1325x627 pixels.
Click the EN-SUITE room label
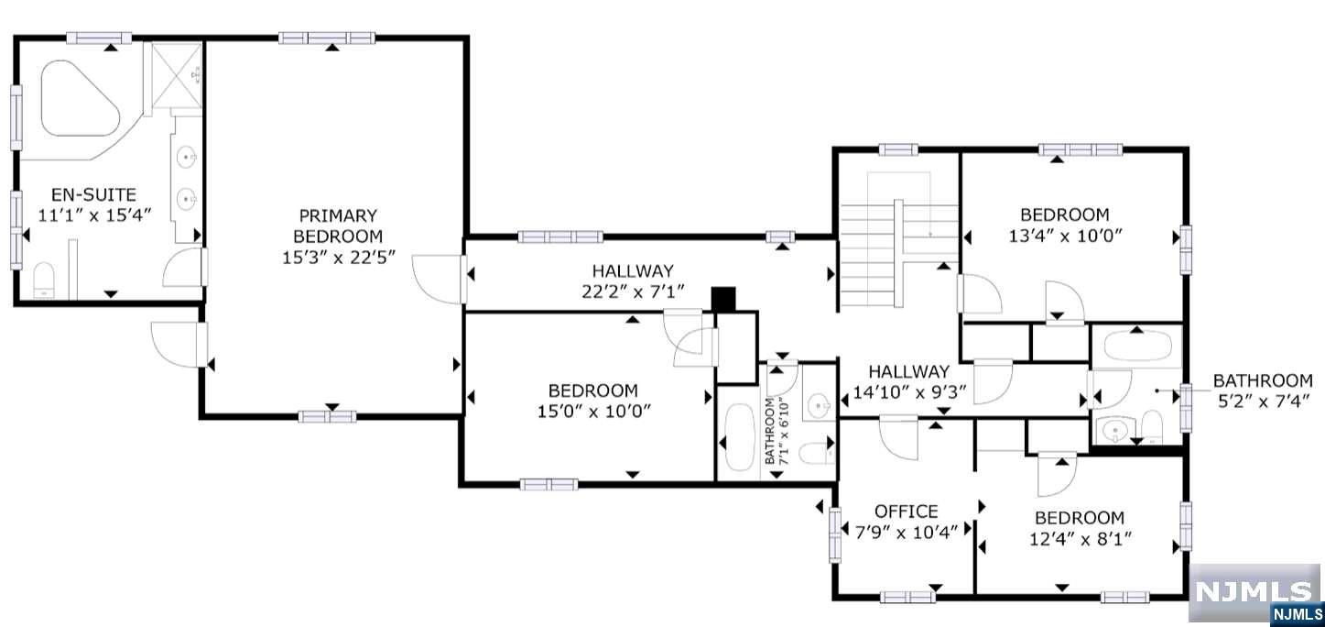[93, 194]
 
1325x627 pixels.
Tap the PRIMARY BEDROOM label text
[338, 225]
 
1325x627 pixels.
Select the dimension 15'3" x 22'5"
[338, 257]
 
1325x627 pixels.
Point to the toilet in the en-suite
[44, 280]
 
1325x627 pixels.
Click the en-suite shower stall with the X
[177, 75]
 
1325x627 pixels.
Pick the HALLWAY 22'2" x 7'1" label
[633, 280]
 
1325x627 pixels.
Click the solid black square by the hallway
[722, 299]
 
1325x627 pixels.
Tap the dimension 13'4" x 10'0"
[1065, 236]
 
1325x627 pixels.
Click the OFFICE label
[907, 511]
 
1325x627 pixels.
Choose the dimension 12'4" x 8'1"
[1081, 539]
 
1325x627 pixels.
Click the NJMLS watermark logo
[1255, 593]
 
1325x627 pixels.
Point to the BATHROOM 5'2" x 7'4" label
[1263, 390]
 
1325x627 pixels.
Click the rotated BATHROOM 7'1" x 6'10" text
[777, 431]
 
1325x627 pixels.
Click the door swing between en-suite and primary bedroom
[185, 268]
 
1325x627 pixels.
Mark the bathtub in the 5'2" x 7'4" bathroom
[1137, 346]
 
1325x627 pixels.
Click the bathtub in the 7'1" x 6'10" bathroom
[738, 437]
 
